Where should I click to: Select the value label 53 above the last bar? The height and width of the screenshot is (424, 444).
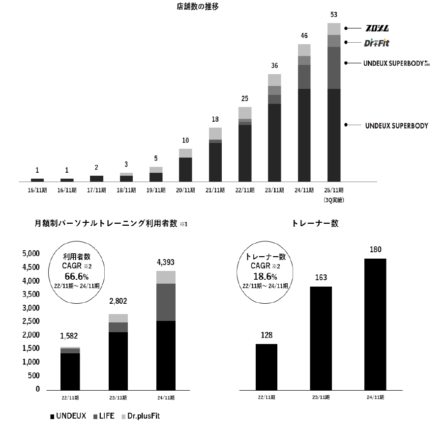click(x=334, y=14)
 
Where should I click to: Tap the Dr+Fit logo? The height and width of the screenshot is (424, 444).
click(x=377, y=43)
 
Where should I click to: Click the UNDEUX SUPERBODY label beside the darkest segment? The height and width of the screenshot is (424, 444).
click(x=396, y=126)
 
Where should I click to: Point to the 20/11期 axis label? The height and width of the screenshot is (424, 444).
click(x=185, y=190)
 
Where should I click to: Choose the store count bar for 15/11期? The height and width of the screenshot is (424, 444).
click(x=37, y=180)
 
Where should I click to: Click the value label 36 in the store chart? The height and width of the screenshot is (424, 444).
click(x=274, y=65)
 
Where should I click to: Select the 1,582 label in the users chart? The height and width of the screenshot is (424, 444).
click(x=70, y=337)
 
